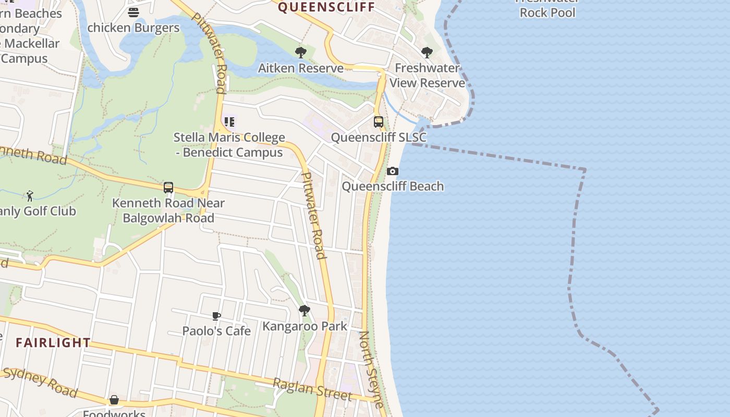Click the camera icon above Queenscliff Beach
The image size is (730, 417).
click(393, 171)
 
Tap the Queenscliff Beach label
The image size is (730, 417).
click(393, 186)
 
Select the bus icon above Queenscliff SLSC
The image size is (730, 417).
click(379, 122)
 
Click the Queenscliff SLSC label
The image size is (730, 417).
click(379, 138)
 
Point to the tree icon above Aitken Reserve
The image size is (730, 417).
click(300, 53)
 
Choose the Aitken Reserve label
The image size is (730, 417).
click(301, 68)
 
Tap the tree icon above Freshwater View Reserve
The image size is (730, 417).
click(427, 53)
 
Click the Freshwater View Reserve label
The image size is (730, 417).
click(427, 76)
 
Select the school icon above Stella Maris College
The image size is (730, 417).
click(229, 122)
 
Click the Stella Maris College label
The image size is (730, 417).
click(229, 145)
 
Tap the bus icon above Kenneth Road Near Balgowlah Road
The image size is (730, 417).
click(168, 188)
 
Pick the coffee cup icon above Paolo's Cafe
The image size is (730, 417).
click(216, 316)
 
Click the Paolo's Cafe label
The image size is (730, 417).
click(216, 331)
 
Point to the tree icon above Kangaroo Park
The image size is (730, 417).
click(305, 311)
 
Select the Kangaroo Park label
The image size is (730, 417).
click(305, 326)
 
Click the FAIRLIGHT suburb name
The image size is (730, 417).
click(53, 342)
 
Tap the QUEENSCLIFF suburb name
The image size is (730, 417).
click(326, 7)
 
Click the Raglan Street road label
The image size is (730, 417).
click(312, 390)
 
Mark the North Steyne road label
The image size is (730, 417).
click(372, 369)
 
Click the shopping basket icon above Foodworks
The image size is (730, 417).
click(114, 400)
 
